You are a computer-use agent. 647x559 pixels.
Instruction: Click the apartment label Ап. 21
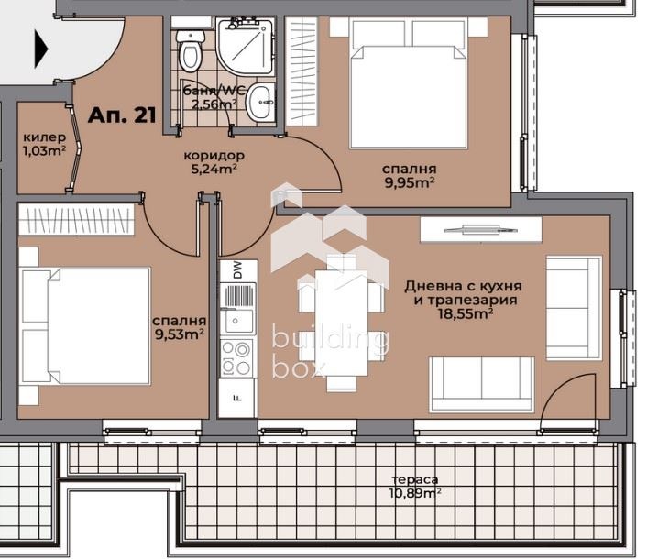click(122, 115)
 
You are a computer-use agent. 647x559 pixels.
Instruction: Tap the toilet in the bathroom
click(190, 49)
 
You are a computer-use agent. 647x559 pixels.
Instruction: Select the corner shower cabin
click(246, 46)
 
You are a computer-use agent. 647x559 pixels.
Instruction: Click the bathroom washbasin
click(260, 102)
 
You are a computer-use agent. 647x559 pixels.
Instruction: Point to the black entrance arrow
click(41, 49)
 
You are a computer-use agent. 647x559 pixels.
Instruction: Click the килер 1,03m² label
click(45, 144)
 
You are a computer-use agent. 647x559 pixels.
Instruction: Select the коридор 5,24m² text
click(214, 162)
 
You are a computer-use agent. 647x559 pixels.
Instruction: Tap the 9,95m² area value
click(410, 182)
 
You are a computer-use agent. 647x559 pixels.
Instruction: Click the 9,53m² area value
click(179, 334)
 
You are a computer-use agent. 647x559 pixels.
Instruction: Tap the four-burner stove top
click(236, 358)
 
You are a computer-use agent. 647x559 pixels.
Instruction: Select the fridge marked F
click(236, 398)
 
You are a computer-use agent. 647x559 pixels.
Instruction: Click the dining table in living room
click(341, 322)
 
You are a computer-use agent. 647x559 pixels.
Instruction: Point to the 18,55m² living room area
click(465, 314)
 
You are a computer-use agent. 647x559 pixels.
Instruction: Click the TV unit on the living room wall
click(481, 229)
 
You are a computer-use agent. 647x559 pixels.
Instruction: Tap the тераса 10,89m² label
click(415, 487)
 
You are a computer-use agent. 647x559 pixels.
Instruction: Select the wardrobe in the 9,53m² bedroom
click(76, 219)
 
